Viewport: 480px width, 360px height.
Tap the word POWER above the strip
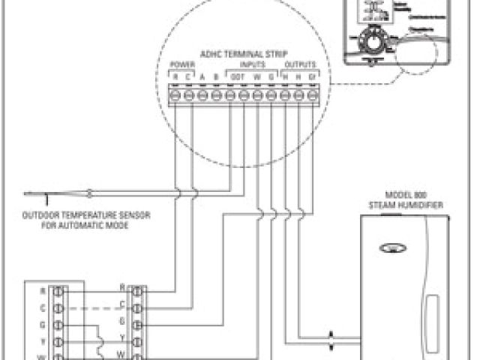(182, 64)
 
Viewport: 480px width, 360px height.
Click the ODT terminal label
(237, 76)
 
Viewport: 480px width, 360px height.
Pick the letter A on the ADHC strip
(202, 76)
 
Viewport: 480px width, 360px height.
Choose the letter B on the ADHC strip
(216, 76)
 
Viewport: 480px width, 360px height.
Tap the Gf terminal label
(312, 76)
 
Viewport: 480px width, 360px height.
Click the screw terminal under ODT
(236, 95)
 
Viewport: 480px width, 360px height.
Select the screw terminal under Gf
(312, 95)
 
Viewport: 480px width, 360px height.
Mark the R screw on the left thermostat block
(59, 290)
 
